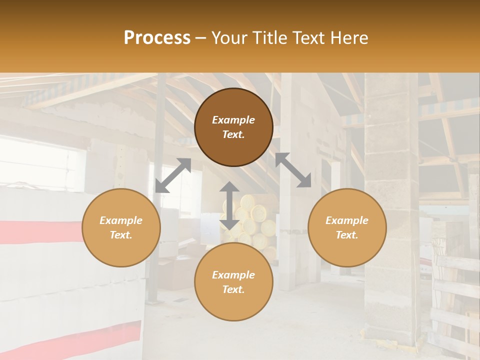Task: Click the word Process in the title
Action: (x=157, y=38)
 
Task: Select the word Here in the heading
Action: (x=349, y=38)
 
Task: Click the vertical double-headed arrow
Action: (x=229, y=205)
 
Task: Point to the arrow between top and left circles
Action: (x=173, y=175)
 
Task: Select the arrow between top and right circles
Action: (x=293, y=170)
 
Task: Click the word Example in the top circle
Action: (x=233, y=120)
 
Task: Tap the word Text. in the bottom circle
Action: (x=233, y=289)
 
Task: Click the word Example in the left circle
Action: (x=121, y=220)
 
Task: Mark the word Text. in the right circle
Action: (x=347, y=235)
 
